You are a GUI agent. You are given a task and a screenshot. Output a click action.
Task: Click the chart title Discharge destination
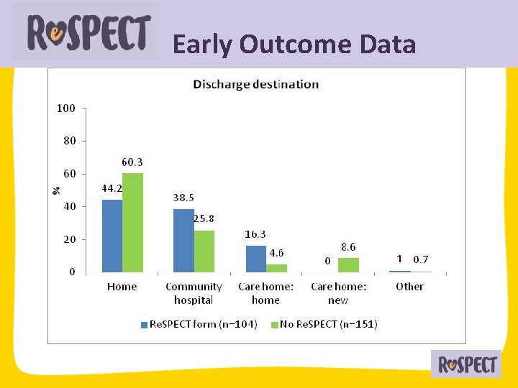click(x=255, y=84)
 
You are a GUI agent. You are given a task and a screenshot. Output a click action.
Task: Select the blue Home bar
click(x=112, y=236)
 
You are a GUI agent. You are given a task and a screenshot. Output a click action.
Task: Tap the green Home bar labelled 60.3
click(x=132, y=223)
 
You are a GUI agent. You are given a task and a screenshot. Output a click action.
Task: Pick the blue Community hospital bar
click(x=183, y=241)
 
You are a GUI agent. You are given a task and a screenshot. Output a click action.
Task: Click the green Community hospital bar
click(x=204, y=251)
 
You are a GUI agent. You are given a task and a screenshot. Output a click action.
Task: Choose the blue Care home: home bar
click(x=256, y=259)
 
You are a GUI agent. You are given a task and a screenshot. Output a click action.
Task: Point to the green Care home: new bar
click(x=348, y=264)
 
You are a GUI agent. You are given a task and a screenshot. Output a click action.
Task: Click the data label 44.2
click(x=110, y=188)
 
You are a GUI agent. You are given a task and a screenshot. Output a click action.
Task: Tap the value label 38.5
click(x=183, y=198)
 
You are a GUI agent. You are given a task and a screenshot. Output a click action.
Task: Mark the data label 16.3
click(x=256, y=234)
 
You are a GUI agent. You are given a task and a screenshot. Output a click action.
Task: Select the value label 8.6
click(x=348, y=246)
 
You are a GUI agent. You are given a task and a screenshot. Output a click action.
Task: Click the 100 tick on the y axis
click(x=66, y=108)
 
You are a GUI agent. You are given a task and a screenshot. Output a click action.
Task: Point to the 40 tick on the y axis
click(x=68, y=207)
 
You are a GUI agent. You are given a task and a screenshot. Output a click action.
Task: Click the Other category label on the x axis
click(x=409, y=287)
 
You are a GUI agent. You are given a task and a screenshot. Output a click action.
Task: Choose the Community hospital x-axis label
click(x=194, y=293)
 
